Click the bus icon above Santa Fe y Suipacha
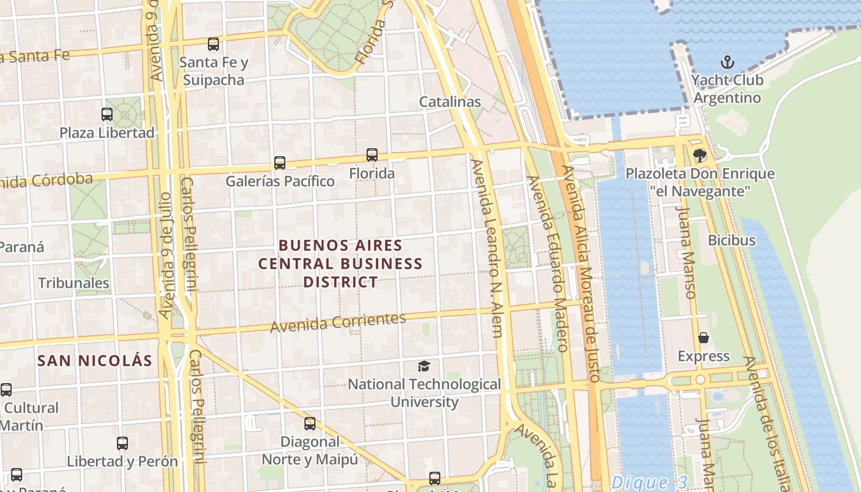pyautogui.click(x=213, y=44)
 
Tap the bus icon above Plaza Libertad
pyautogui.click(x=107, y=114)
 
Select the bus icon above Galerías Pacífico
pyautogui.click(x=280, y=163)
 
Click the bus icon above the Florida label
pyautogui.click(x=372, y=155)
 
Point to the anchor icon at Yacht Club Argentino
pyautogui.click(x=728, y=62)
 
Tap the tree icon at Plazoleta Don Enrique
pyautogui.click(x=699, y=156)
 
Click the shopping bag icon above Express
pyautogui.click(x=704, y=338)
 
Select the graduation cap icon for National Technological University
pyautogui.click(x=424, y=367)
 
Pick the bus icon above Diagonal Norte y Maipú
pyautogui.click(x=310, y=424)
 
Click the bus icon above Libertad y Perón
pyautogui.click(x=122, y=443)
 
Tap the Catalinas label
pyautogui.click(x=450, y=101)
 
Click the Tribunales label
pyautogui.click(x=74, y=283)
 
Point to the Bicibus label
pyautogui.click(x=731, y=240)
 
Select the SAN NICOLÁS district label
pyautogui.click(x=95, y=360)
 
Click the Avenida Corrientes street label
pyautogui.click(x=338, y=322)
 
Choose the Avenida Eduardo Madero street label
pyautogui.click(x=547, y=264)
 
